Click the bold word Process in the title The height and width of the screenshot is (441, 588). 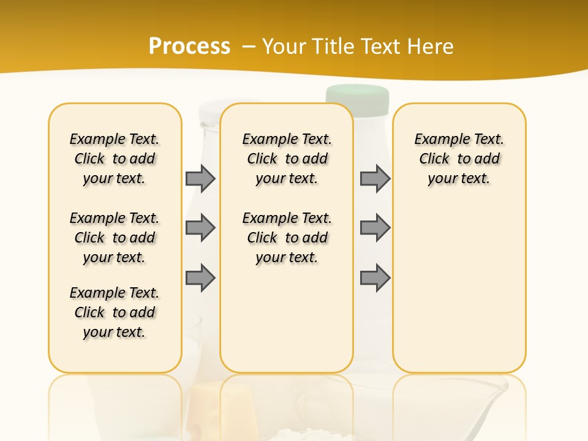(x=189, y=46)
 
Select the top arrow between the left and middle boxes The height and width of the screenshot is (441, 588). (x=200, y=178)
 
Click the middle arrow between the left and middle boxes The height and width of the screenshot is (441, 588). (x=200, y=228)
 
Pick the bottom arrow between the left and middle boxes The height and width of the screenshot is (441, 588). (x=200, y=278)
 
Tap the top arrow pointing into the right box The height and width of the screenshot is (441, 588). (x=375, y=178)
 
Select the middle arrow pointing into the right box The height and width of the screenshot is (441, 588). (x=375, y=228)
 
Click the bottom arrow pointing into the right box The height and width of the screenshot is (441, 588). (x=375, y=278)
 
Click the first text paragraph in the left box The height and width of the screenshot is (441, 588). (x=115, y=159)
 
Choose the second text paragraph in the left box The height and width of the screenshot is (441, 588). (x=115, y=238)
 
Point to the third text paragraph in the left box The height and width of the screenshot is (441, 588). (x=115, y=312)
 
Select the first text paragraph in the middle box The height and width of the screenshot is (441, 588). (x=287, y=159)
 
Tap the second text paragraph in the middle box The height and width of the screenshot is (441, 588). (x=287, y=238)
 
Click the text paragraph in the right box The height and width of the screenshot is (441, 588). (x=459, y=159)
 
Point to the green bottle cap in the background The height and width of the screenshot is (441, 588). (x=358, y=94)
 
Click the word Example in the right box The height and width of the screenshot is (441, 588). (x=438, y=140)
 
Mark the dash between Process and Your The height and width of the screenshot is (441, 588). (x=249, y=46)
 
